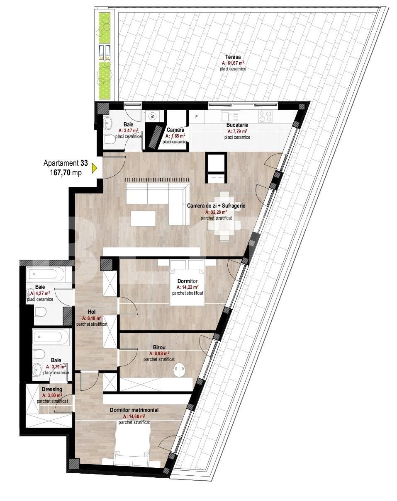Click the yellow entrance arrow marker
point(94,168)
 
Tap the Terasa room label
point(233,57)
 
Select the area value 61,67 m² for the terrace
point(233,63)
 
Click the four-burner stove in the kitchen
point(265,116)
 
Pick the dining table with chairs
point(224,216)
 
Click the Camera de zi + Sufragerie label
point(216,206)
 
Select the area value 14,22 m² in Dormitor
point(188,287)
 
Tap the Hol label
point(92,312)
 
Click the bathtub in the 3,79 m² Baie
point(50,337)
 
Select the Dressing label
point(52,390)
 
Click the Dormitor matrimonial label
point(134,410)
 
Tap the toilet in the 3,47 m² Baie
point(110,139)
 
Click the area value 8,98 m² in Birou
point(159,353)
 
